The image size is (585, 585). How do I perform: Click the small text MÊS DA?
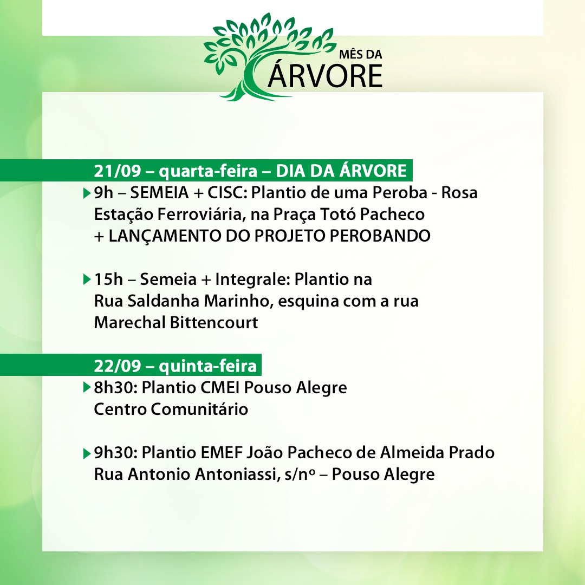coord(360,55)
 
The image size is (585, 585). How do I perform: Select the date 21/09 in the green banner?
coord(117,171)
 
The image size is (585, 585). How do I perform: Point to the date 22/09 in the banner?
coord(117,366)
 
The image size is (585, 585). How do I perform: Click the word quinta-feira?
coord(208,366)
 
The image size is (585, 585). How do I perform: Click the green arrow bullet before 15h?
coord(87,279)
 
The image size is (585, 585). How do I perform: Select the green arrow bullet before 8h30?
coord(87,387)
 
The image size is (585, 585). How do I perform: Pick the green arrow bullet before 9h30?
coord(87,453)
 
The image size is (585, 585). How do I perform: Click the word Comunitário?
coord(199,409)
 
